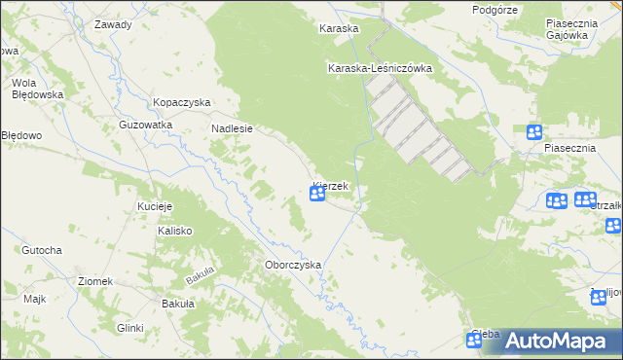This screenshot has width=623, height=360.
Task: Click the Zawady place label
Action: pyautogui.click(x=113, y=24)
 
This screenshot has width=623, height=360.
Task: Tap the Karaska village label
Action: pyautogui.click(x=339, y=29)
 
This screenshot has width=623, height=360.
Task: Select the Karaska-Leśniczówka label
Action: pyautogui.click(x=380, y=68)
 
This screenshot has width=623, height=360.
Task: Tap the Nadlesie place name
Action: pyautogui.click(x=232, y=127)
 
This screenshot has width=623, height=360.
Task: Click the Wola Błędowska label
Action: pyautogui.click(x=37, y=89)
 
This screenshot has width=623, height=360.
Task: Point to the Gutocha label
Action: pyautogui.click(x=43, y=250)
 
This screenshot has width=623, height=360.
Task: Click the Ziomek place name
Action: pyautogui.click(x=95, y=281)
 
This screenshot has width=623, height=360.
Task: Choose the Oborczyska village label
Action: pyautogui.click(x=292, y=265)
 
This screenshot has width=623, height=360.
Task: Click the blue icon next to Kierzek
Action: pyautogui.click(x=317, y=195)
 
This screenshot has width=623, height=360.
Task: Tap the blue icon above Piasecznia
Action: pyautogui.click(x=534, y=132)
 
